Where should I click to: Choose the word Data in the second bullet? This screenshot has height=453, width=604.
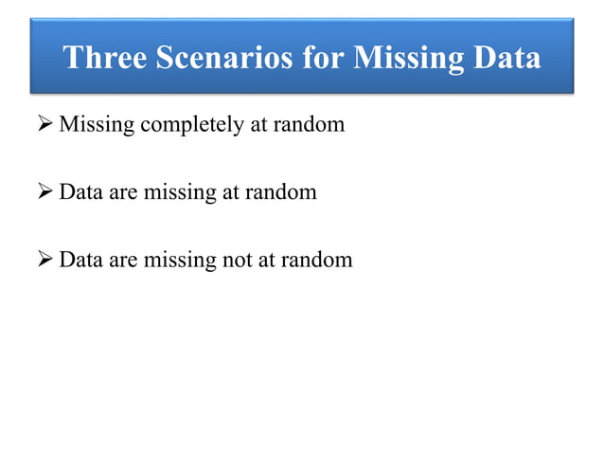[80, 192]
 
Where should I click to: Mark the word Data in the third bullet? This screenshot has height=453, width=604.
[80, 259]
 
